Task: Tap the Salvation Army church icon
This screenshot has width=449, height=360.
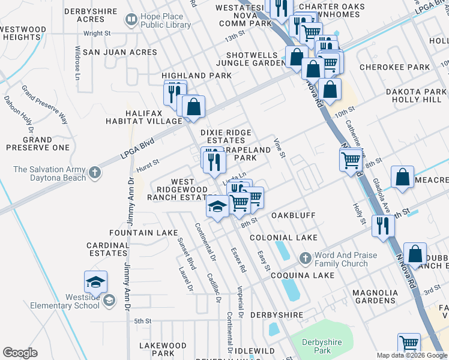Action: coord(94,173)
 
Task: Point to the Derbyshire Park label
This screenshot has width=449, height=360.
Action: coord(321,346)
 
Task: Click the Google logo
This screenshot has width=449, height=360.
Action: coord(20,353)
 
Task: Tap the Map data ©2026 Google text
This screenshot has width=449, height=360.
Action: coord(411,355)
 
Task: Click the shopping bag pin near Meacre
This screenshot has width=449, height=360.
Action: coord(403,178)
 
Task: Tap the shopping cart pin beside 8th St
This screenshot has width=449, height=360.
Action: coord(350,160)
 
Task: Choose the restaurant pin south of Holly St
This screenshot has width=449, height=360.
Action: coord(381,226)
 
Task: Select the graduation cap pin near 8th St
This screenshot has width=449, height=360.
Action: coord(217,207)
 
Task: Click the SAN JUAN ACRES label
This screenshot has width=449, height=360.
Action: coord(120,52)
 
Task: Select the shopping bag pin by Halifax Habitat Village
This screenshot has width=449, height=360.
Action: coord(194,107)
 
